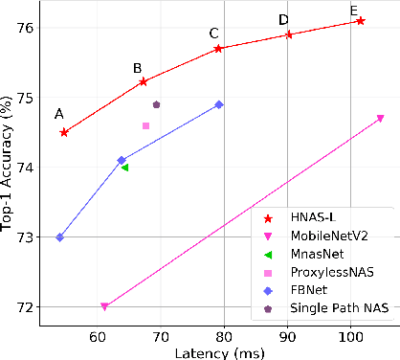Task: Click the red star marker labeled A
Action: (64, 132)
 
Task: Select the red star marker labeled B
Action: (143, 81)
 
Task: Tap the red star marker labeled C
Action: (219, 48)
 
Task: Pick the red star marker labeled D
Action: (289, 34)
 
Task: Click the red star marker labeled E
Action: (360, 20)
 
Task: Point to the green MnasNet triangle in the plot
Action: (124, 168)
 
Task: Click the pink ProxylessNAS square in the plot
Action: (145, 125)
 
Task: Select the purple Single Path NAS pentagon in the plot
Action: (156, 104)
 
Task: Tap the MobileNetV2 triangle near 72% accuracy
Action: (104, 306)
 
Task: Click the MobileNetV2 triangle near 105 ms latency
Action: (380, 119)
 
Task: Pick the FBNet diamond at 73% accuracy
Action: (59, 237)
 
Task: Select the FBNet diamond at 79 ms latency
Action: (219, 104)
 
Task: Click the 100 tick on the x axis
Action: (350, 334)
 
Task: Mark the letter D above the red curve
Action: (283, 19)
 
